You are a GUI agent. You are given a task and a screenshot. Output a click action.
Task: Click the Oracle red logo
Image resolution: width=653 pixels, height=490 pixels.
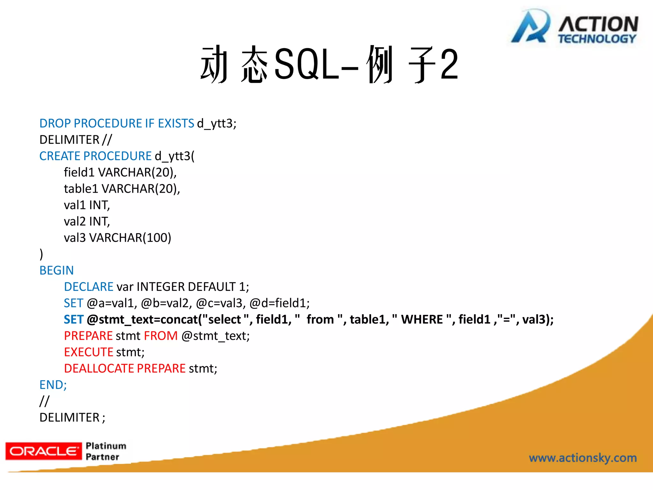pos(43,451)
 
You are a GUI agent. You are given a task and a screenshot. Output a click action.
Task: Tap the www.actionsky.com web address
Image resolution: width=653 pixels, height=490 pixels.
pos(583,458)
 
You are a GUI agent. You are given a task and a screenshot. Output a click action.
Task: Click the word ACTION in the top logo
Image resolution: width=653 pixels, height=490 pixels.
pos(598,24)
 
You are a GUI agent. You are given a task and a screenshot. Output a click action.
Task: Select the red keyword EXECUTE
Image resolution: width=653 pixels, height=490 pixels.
pos(89,352)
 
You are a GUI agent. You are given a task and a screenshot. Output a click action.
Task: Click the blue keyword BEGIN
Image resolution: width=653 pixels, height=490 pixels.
pos(56,271)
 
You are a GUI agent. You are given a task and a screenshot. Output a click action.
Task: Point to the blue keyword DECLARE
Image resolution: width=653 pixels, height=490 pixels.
pos(89,287)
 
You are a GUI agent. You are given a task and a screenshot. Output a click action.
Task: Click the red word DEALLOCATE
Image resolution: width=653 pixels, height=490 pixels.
pos(99,368)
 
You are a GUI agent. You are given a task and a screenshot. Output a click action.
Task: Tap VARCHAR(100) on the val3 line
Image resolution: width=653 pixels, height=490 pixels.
pos(130,238)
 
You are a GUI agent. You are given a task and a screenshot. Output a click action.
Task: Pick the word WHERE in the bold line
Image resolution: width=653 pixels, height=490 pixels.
pos(422,319)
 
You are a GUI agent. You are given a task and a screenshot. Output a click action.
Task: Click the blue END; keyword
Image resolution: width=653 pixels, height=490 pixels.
pos(53,385)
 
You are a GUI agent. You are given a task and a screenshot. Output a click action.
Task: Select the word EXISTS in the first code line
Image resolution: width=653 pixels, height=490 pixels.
pos(176,123)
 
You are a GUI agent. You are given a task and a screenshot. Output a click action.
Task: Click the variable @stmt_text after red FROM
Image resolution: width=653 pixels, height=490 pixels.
pos(215,336)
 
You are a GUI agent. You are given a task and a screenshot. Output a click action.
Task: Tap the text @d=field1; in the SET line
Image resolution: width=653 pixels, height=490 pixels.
pos(279,303)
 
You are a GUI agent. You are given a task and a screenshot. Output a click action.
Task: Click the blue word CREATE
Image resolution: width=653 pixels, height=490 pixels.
pos(60,156)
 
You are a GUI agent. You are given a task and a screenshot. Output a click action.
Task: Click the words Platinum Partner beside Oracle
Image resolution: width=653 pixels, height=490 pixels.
pos(106,451)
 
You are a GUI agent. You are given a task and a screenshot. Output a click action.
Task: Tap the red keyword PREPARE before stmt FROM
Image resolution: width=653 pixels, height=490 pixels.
pos(88,336)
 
